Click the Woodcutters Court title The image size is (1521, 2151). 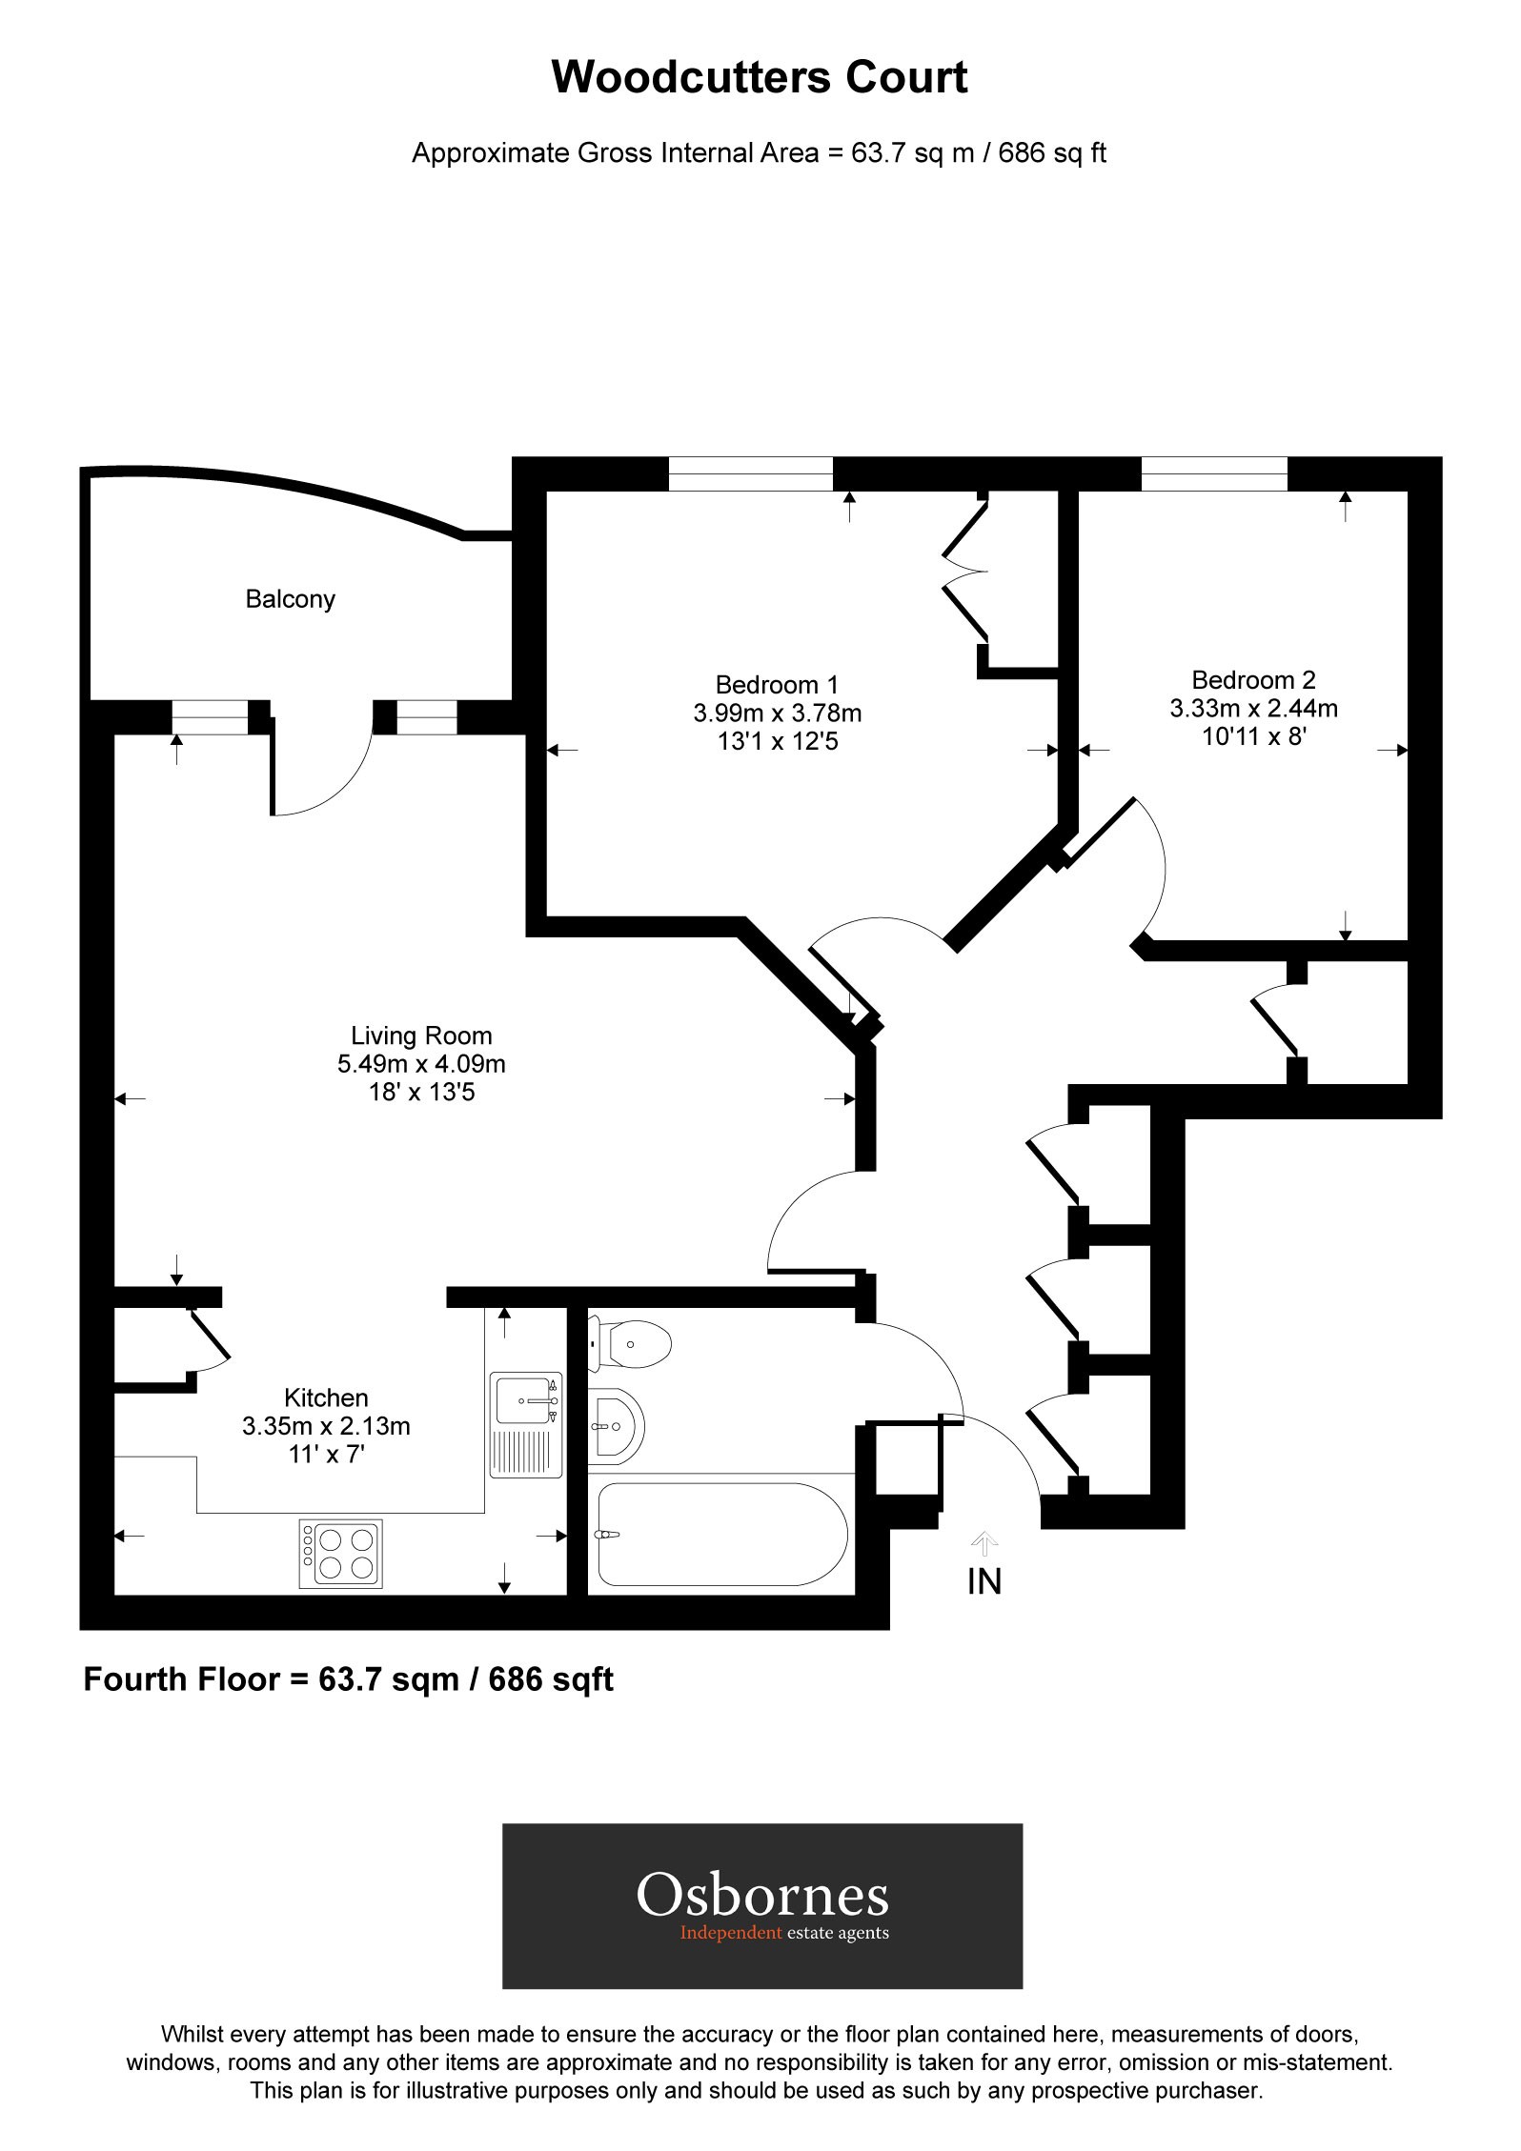(760, 78)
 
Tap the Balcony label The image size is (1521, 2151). (290, 599)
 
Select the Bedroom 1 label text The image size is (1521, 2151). (777, 684)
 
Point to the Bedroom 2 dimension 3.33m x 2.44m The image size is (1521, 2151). (1253, 708)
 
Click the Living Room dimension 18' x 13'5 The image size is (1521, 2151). (421, 1092)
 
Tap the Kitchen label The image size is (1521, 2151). (326, 1397)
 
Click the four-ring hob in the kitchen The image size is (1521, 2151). (341, 1554)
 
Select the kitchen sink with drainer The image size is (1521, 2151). (526, 1425)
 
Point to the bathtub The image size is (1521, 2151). (720, 1534)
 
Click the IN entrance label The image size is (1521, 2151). (984, 1582)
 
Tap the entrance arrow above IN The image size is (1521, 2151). (984, 1541)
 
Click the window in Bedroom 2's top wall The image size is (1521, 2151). (1213, 473)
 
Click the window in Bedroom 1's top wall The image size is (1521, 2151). (750, 473)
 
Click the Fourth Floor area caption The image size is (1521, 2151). (348, 1679)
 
